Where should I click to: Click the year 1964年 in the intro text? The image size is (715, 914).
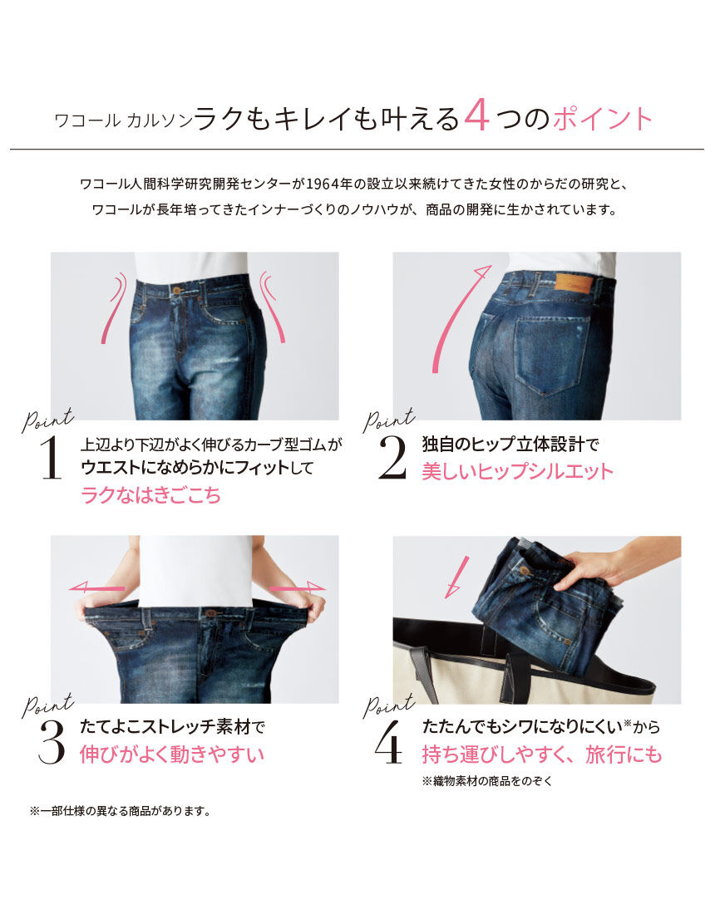pos(330,182)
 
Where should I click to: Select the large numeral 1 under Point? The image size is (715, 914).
pos(51,458)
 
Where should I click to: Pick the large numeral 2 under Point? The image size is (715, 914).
pos(392,458)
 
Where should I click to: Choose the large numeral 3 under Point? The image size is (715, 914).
pos(52,742)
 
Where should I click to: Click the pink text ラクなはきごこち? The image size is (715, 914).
pos(150,496)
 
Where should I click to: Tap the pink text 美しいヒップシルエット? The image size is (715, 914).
pos(516,471)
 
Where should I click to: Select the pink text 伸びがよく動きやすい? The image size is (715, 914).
pos(172,754)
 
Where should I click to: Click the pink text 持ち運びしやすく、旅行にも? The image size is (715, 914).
pos(542,754)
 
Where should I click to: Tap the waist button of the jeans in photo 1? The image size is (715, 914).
pos(176,290)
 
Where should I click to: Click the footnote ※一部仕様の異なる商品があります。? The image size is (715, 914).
pos(120,810)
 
